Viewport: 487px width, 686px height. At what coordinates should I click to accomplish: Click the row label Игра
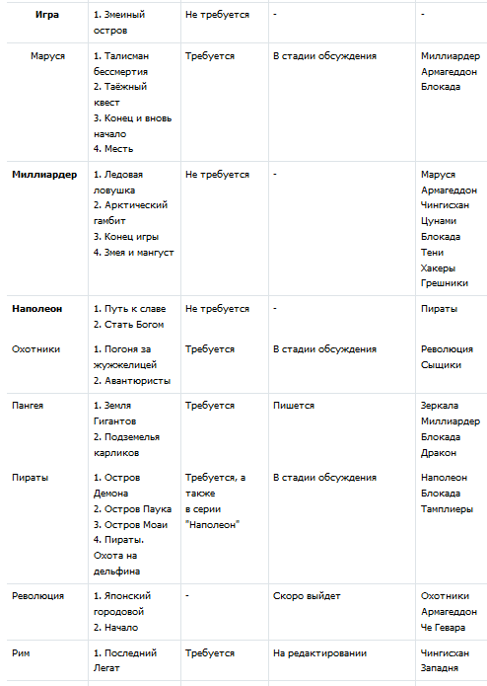(x=46, y=15)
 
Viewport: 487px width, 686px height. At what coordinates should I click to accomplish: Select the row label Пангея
(x=28, y=405)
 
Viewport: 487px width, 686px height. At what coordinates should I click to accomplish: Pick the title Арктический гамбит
(x=129, y=212)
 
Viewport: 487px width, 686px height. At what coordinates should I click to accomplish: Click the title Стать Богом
(x=128, y=324)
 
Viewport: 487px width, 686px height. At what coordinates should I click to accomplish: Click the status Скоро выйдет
(x=307, y=595)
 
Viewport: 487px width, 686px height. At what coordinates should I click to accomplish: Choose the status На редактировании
(x=319, y=652)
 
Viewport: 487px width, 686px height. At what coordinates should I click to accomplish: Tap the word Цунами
(x=438, y=220)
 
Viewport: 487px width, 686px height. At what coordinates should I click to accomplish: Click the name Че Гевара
(x=443, y=627)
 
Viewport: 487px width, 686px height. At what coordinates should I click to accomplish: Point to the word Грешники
(x=445, y=283)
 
